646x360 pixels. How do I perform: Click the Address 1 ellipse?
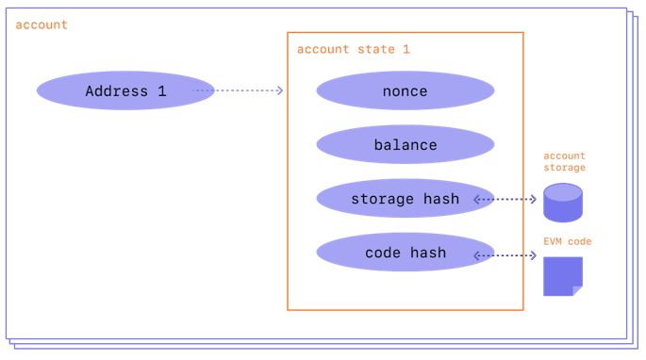click(125, 90)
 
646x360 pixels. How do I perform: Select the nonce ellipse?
click(406, 90)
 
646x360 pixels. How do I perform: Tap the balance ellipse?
click(406, 144)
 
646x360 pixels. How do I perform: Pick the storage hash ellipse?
click(406, 199)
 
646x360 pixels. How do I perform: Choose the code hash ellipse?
click(406, 252)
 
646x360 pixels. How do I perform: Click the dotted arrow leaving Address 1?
click(238, 90)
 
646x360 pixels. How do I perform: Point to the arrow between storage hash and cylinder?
click(505, 200)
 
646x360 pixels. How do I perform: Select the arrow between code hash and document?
click(505, 255)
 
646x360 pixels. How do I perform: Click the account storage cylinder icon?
click(563, 203)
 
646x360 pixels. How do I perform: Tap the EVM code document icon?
click(563, 276)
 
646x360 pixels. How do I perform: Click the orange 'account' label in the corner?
click(41, 25)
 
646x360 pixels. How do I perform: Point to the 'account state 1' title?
click(354, 49)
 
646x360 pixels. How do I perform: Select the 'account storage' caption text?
click(565, 162)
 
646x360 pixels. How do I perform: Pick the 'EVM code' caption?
click(568, 241)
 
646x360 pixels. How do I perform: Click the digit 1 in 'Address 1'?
click(162, 91)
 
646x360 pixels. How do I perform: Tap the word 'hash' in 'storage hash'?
click(441, 199)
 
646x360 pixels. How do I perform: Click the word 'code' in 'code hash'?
click(383, 253)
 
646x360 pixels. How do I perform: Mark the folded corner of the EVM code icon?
click(577, 291)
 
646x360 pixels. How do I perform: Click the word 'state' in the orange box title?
click(376, 49)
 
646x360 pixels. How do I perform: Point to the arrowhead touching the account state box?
click(280, 90)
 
